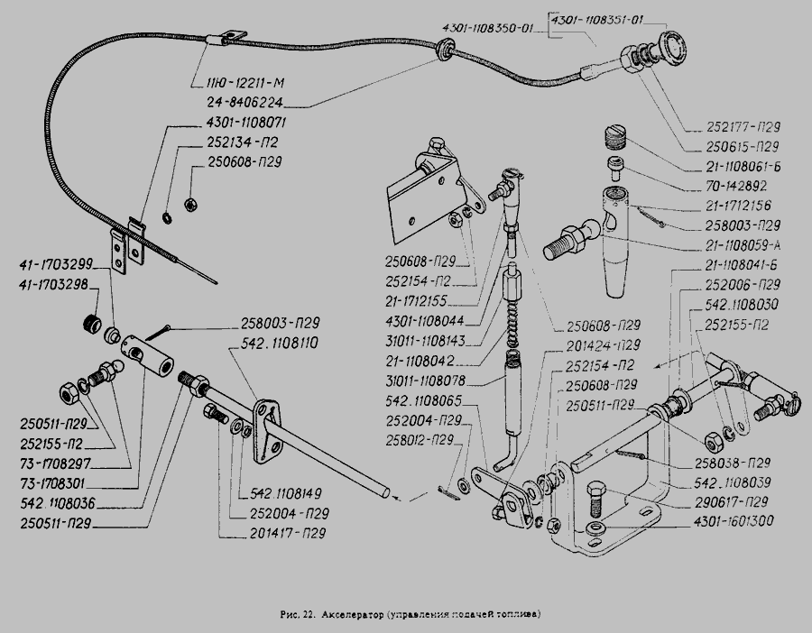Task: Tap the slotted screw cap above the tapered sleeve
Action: tap(614, 138)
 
